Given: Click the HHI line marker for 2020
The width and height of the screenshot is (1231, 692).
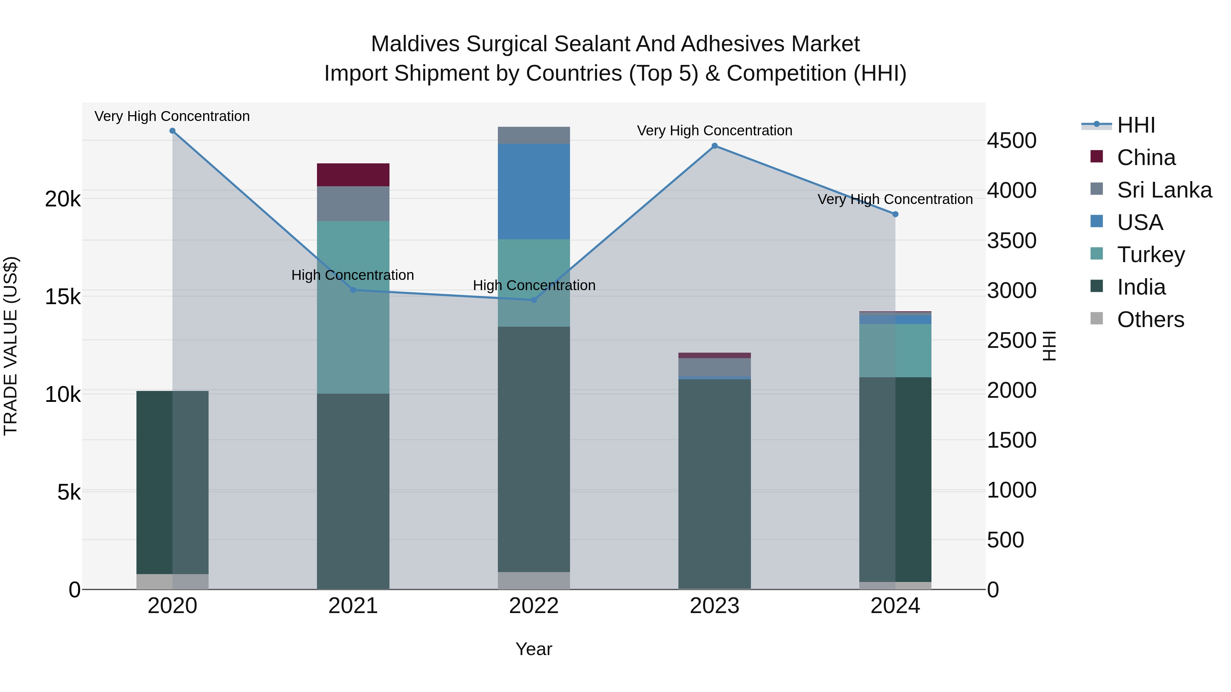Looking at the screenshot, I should [173, 131].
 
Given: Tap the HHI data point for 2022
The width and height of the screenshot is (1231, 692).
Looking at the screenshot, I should [534, 300].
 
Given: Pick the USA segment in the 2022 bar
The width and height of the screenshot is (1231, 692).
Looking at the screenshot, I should [534, 191].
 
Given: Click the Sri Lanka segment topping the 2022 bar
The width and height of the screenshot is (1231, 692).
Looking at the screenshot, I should [534, 135].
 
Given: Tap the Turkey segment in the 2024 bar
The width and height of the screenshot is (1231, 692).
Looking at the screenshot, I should [895, 351].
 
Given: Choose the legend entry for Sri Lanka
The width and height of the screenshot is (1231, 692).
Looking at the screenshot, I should [1164, 190].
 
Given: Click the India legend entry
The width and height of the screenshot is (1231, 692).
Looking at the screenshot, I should [1141, 287].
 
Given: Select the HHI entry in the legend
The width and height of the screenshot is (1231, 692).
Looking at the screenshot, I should [1135, 125].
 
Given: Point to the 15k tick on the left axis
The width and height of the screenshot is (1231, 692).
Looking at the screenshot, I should [63, 297].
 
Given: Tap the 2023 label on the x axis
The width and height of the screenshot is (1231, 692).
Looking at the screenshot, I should [714, 606].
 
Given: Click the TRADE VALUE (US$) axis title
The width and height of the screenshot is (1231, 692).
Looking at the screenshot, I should [11, 346].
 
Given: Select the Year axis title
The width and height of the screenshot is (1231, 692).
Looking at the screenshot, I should [534, 649].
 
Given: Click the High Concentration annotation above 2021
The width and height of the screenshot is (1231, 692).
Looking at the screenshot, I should [353, 275].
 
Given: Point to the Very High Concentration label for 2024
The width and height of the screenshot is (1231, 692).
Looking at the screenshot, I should [895, 199].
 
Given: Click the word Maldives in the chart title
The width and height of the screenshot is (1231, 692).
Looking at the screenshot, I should [415, 44].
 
